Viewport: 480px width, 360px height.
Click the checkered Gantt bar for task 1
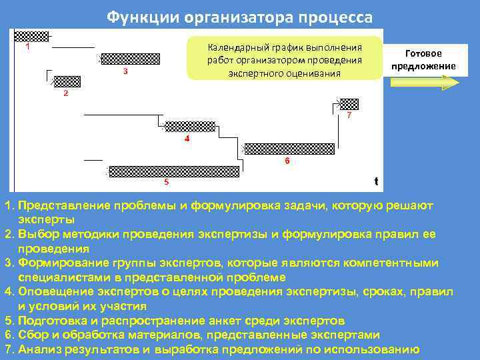(x=32, y=36)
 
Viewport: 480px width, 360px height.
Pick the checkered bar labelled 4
(x=189, y=127)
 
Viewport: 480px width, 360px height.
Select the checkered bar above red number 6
(x=288, y=149)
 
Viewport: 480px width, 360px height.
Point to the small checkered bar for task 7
(x=349, y=103)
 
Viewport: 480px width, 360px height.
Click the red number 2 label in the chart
(x=65, y=93)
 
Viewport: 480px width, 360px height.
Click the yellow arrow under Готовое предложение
(x=424, y=83)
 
